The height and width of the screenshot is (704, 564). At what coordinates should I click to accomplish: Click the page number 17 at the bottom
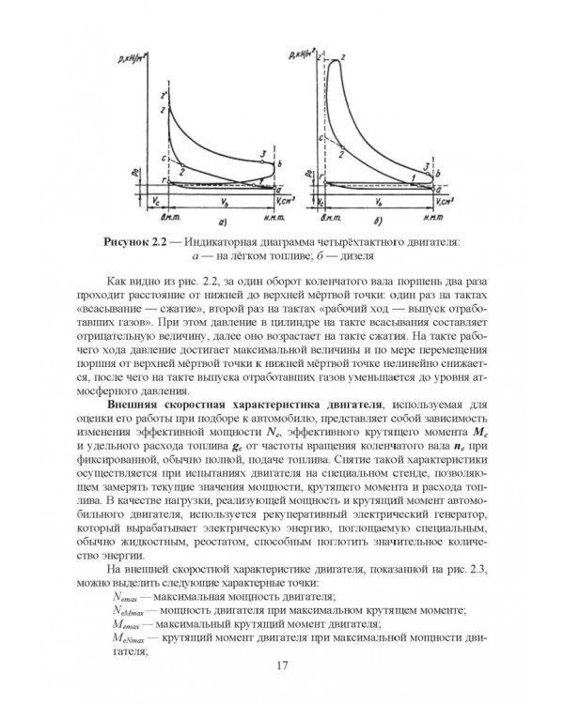click(x=282, y=666)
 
